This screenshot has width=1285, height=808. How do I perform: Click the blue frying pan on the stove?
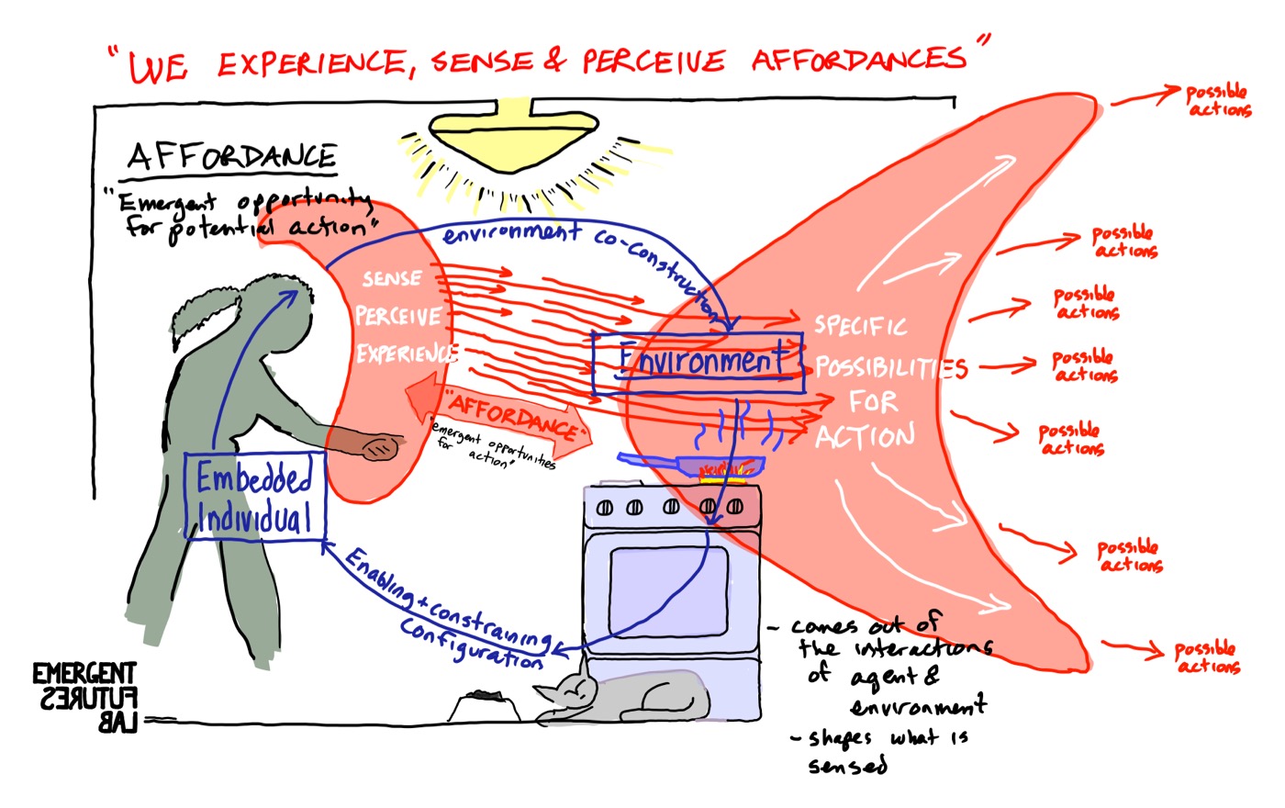pos(698,462)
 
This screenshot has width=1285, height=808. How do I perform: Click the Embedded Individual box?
pos(255,496)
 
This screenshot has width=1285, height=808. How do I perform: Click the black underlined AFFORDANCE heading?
pos(232,157)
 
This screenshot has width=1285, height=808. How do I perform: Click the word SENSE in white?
pos(392,279)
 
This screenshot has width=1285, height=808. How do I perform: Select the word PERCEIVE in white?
pos(398,317)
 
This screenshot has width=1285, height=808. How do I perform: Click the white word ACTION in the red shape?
pos(865,435)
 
